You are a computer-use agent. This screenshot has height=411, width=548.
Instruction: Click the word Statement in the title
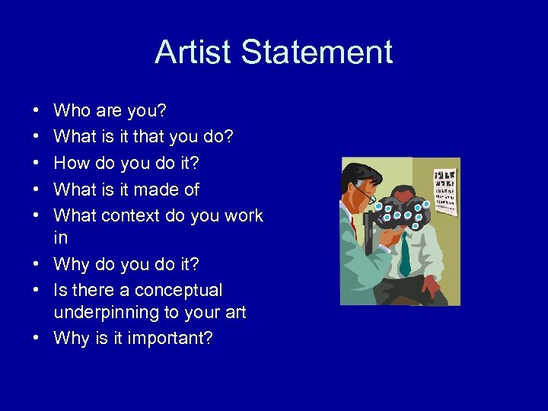click(317, 53)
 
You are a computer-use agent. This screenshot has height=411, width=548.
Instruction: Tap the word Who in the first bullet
click(72, 111)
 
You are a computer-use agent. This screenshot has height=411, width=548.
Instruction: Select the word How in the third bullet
click(72, 164)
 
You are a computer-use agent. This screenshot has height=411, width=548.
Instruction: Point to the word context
click(131, 215)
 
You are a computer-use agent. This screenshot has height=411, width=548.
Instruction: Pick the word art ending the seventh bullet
click(234, 312)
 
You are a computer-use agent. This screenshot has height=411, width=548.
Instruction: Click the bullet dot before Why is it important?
click(37, 339)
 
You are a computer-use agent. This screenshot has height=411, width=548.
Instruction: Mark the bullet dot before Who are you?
click(37, 112)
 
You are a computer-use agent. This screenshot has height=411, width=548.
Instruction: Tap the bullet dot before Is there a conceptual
click(37, 291)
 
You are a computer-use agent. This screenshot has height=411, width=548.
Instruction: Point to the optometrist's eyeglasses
click(368, 196)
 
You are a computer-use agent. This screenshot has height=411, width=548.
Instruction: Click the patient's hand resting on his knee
click(430, 287)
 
